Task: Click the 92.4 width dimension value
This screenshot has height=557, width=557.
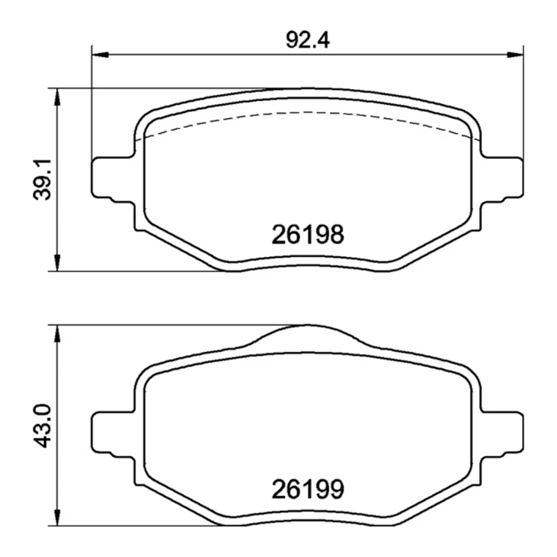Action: click(x=307, y=40)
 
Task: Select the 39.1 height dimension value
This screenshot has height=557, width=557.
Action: click(x=42, y=180)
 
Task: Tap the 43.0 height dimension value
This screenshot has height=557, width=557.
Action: click(x=42, y=426)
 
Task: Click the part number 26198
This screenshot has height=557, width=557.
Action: click(x=307, y=235)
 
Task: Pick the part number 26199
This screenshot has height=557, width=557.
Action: click(x=307, y=489)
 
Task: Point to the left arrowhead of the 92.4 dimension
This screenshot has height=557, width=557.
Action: click(x=100, y=55)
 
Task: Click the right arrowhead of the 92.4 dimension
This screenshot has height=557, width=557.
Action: click(x=515, y=55)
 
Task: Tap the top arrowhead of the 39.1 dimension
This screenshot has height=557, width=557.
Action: click(x=57, y=97)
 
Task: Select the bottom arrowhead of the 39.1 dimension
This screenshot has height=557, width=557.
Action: click(x=57, y=263)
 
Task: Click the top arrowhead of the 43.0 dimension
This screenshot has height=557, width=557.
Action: click(x=57, y=333)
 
